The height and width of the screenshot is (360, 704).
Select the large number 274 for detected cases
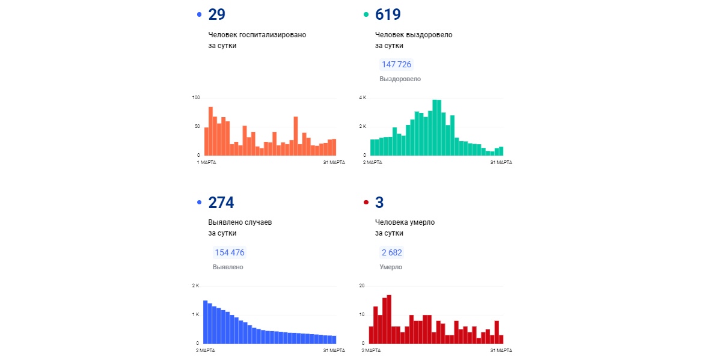coord(221,203)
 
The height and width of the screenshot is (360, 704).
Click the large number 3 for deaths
coord(379,203)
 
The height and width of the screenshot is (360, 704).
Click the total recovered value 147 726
coord(396,64)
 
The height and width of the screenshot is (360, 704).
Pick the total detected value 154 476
coord(230,252)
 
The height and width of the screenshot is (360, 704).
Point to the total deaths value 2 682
coord(391,252)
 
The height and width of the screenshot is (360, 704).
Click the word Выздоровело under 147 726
coord(400,79)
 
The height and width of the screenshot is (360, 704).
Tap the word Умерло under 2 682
coord(391,267)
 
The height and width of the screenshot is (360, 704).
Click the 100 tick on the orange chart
coord(196,97)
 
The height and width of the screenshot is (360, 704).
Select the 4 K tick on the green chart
coord(363,97)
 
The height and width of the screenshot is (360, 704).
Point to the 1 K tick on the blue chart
coord(195,314)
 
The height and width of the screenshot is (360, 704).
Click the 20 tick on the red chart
coord(362,285)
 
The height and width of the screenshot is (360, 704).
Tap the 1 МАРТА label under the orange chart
coord(207,162)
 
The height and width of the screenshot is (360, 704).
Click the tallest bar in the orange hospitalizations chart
coord(210,130)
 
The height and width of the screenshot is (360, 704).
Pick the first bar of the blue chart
coord(205,322)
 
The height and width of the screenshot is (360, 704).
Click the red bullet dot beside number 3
coord(366,203)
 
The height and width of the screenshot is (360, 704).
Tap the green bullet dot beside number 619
coord(366,14)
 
